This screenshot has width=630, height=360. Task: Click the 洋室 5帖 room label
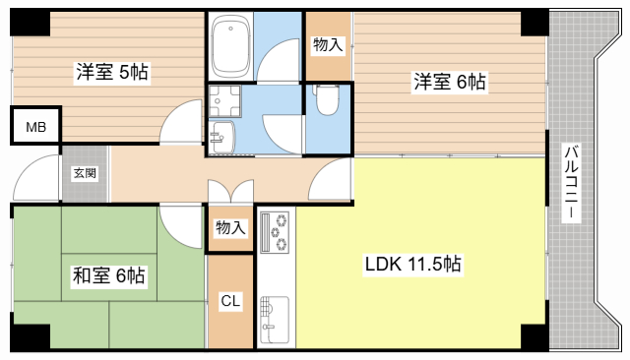[112, 72]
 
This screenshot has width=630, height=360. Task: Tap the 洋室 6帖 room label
[450, 82]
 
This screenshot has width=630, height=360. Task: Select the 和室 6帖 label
[109, 275]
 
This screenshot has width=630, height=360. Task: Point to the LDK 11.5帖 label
[413, 264]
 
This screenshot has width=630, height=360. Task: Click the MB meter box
[35, 126]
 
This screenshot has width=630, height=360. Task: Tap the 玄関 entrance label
[85, 173]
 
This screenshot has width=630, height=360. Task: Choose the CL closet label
[230, 301]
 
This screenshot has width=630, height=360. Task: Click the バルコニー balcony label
[571, 183]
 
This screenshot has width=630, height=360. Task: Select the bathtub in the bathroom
[231, 45]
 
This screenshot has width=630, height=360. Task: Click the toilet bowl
[326, 99]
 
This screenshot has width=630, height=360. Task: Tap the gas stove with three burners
[276, 232]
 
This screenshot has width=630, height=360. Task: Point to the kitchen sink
[275, 320]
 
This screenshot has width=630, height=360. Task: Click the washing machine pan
[224, 100]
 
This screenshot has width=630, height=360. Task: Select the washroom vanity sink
[221, 138]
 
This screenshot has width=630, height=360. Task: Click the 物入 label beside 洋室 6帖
[328, 45]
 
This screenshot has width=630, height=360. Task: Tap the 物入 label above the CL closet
[230, 227]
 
